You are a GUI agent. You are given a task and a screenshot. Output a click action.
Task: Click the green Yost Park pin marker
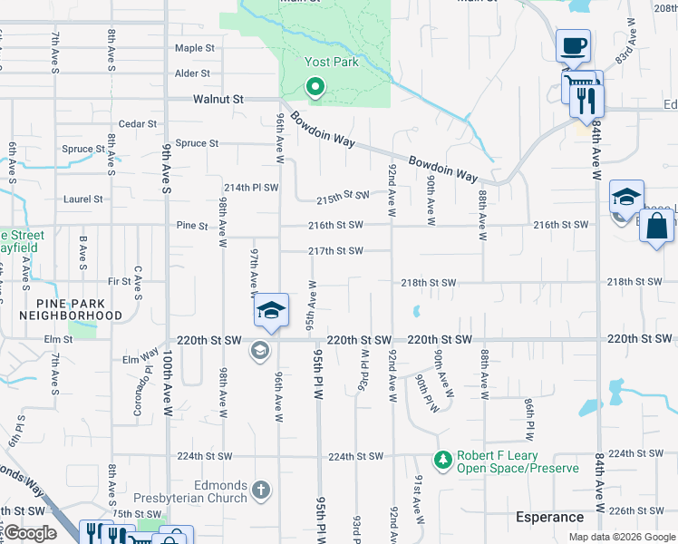point(315,88)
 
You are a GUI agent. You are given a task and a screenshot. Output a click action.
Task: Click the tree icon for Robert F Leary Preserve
point(442,461)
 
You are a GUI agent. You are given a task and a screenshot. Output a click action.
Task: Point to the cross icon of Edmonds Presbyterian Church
point(260,491)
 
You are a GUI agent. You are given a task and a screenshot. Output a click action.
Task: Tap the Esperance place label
point(549,517)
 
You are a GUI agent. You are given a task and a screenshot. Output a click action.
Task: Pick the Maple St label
point(195,48)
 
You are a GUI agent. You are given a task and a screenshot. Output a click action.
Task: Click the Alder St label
point(192,73)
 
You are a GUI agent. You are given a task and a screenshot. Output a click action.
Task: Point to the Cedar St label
point(139,124)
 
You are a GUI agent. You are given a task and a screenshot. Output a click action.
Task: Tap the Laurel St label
point(82,199)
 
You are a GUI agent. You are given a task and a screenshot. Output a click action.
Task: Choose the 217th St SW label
point(335,251)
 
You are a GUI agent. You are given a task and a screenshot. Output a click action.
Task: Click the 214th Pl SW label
point(249,187)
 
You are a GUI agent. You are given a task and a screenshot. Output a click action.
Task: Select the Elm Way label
point(140,359)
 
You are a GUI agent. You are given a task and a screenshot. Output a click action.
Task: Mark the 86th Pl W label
point(529,413)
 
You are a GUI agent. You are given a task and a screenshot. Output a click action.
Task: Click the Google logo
point(30,533)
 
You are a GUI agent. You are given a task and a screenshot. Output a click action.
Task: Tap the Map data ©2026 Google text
point(622,537)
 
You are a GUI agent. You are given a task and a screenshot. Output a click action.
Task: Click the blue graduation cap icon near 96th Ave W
point(271,311)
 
